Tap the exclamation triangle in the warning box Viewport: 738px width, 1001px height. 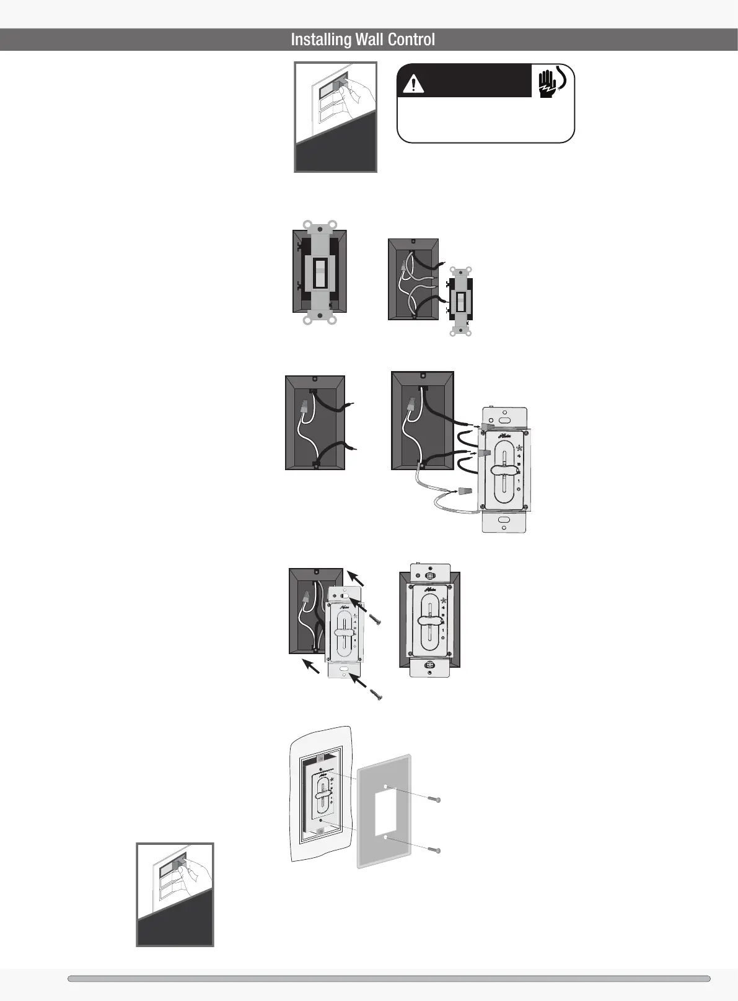[412, 84]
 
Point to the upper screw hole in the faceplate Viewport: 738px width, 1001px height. [385, 786]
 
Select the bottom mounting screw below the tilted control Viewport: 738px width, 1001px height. [376, 694]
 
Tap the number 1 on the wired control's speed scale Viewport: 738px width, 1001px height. [518, 481]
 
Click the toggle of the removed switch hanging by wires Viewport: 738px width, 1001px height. [461, 302]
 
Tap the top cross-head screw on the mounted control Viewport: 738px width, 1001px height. [429, 575]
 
